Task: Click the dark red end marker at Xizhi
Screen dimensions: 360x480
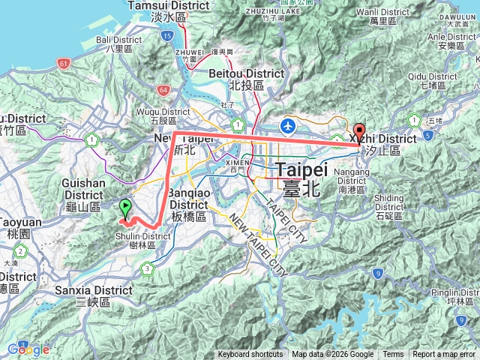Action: click(x=359, y=130)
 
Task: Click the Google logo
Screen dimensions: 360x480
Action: click(x=28, y=349)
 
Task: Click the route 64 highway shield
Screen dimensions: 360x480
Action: click(x=163, y=89)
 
